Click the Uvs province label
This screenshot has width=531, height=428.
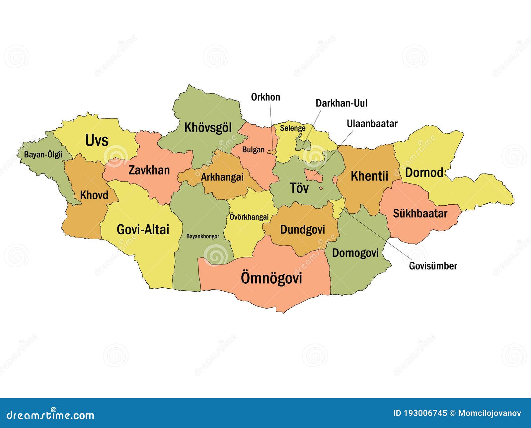click(97, 140)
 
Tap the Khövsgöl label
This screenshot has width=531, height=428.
click(208, 128)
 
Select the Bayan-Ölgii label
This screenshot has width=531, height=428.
click(43, 155)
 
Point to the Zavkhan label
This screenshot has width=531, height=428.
click(149, 170)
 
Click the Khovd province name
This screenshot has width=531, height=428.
click(94, 195)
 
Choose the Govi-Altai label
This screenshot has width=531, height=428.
click(143, 230)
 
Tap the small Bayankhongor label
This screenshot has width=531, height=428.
click(202, 237)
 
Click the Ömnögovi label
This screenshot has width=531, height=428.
click(271, 278)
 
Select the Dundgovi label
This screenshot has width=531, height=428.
click(302, 230)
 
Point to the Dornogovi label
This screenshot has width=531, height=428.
click(355, 253)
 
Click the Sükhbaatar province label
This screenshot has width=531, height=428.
click(420, 213)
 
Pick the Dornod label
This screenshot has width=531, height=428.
click(424, 173)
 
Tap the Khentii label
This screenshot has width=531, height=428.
click(369, 176)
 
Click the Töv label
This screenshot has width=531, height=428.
click(299, 188)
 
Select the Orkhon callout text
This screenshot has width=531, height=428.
click(265, 97)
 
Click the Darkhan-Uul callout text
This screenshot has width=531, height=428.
click(341, 103)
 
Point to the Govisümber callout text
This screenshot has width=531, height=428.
click(433, 266)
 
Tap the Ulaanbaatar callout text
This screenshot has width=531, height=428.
click(372, 124)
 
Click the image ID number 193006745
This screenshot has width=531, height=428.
click(425, 413)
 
